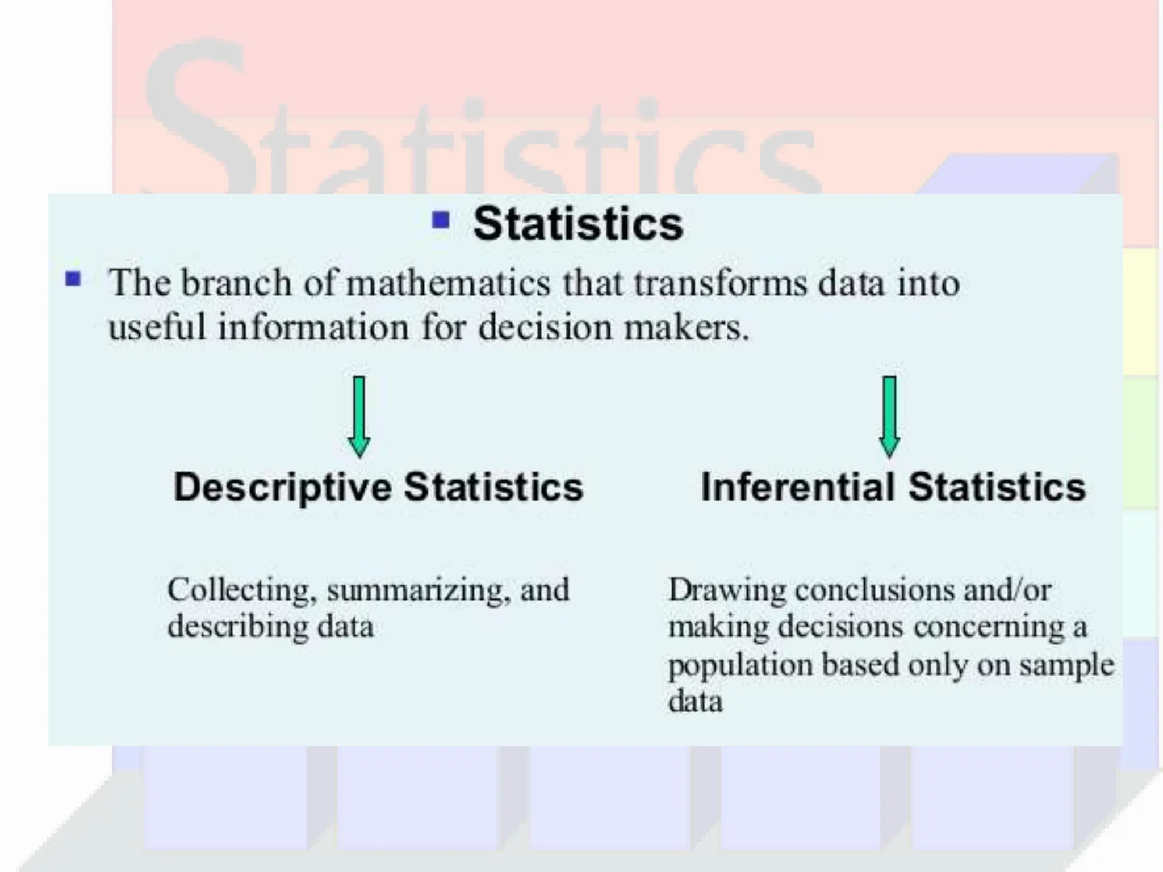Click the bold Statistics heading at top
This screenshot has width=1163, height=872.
[x=578, y=224]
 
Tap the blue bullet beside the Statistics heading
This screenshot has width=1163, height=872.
[x=441, y=220]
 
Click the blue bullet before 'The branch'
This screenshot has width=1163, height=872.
[x=73, y=279]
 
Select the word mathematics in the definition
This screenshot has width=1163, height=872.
[x=448, y=283]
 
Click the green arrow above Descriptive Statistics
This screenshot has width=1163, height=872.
[x=359, y=416]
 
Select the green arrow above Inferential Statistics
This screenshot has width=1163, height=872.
[x=889, y=416]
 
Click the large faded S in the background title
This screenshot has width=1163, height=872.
[x=199, y=114]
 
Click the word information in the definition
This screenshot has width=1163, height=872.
[x=313, y=328]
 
